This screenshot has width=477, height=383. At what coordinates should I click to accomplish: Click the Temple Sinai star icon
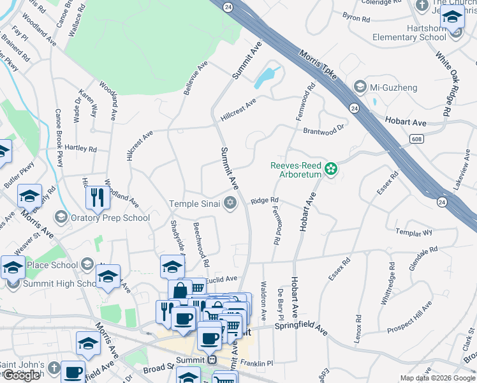[230, 204]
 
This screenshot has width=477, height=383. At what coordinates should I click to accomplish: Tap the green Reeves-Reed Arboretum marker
[331, 169]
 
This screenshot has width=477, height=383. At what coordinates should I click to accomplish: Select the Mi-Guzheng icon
[360, 86]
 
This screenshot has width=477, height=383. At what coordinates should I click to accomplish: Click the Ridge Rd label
[265, 200]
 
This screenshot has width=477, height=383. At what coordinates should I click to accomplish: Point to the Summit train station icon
[212, 360]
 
